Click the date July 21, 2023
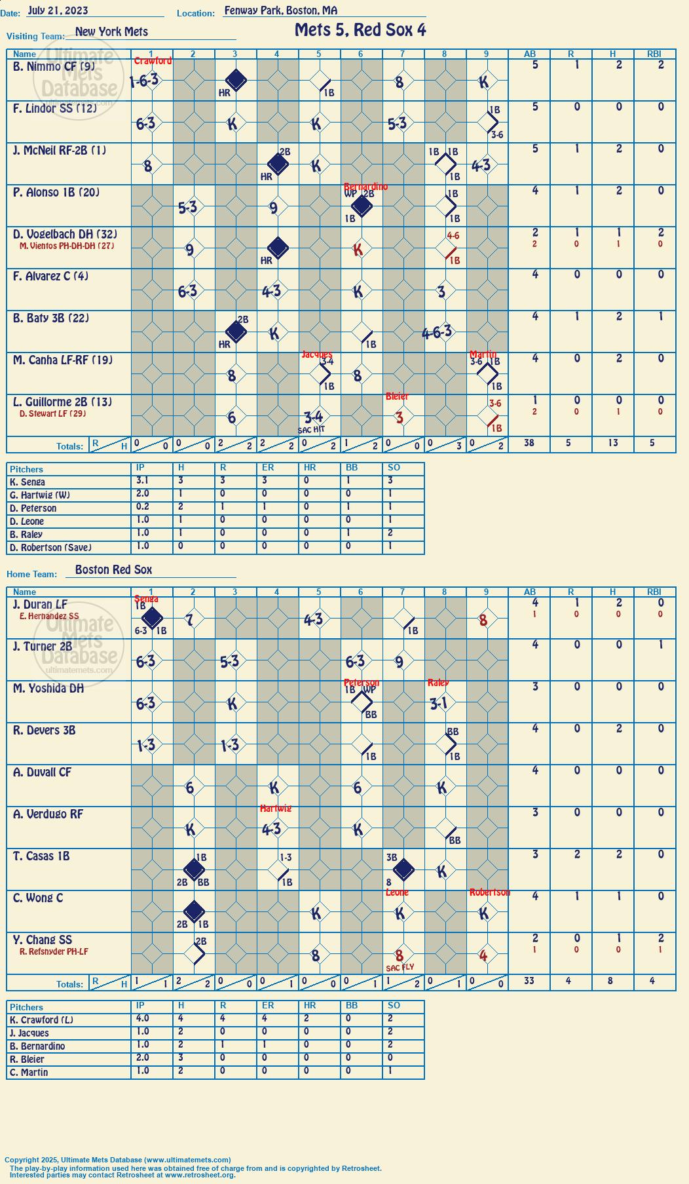[58, 10]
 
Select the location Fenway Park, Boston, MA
[281, 10]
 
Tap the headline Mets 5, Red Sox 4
[360, 30]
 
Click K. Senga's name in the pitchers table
[28, 482]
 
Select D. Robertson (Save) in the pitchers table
[50, 548]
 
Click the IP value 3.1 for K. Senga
[142, 480]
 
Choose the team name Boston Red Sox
[113, 569]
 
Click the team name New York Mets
[111, 31]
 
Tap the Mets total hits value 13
[613, 443]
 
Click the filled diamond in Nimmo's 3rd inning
[236, 81]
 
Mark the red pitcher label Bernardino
[365, 187]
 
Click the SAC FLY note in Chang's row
[400, 968]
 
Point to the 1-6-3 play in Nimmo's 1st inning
[144, 81]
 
